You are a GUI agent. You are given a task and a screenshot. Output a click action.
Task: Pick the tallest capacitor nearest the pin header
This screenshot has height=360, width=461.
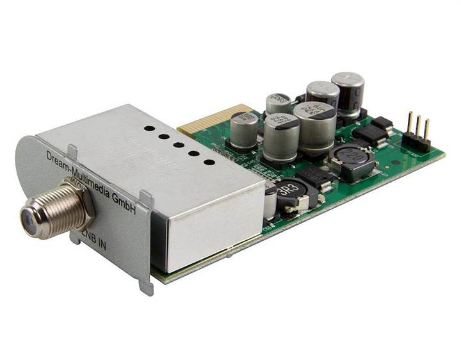[348, 93]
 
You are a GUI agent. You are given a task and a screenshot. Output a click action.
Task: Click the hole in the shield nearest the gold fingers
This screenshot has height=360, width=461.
[149, 128]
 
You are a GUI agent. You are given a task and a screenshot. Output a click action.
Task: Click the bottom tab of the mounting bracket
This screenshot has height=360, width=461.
[147, 284]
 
